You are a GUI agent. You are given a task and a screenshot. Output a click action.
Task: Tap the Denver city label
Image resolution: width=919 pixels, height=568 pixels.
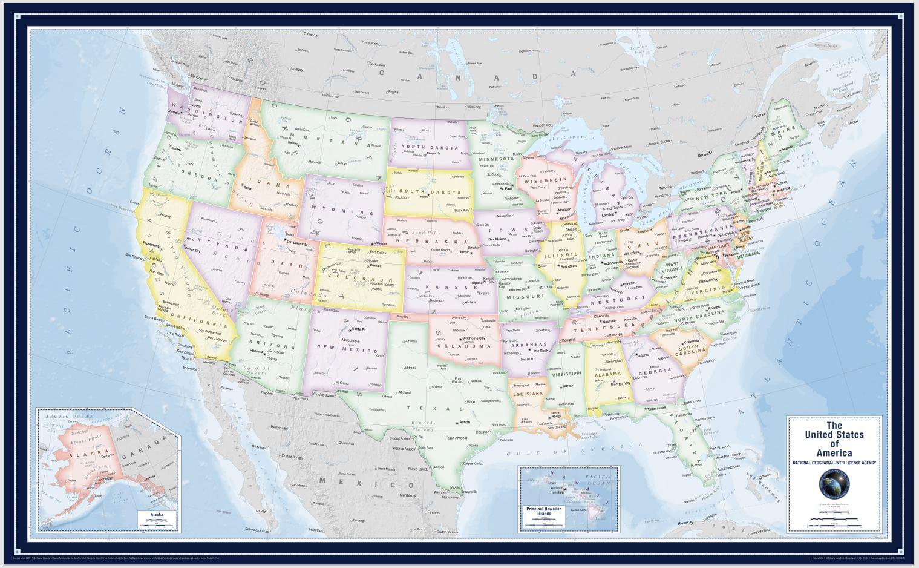coord(374,266)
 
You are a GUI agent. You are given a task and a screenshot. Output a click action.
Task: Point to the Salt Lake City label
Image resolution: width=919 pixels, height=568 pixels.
coord(297,243)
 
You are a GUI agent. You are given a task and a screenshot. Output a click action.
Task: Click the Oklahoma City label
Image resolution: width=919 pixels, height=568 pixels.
coord(473,338)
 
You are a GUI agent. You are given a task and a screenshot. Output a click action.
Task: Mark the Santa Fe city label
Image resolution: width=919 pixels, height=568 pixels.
coord(359,329)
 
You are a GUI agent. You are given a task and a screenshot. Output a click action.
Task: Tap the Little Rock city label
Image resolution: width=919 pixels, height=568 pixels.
coord(540,351)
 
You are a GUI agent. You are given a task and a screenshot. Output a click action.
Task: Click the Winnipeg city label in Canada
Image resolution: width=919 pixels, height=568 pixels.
coord(474,107)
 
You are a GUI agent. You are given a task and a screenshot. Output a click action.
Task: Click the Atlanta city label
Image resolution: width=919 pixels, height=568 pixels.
coord(643,355)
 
